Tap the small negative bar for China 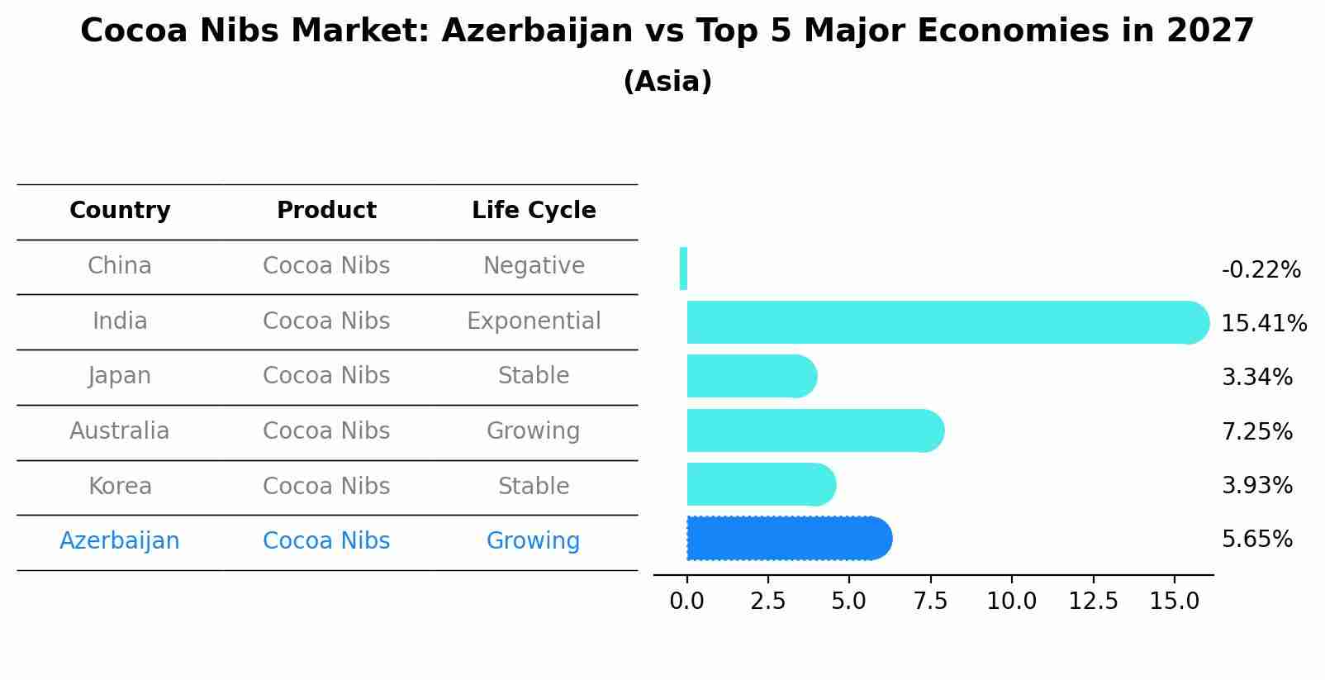(683, 269)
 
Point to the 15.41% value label (1264, 324)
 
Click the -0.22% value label (1261, 270)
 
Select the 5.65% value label (1256, 540)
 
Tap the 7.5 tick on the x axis (930, 602)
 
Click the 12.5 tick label (1093, 602)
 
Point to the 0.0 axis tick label (686, 602)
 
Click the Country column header (120, 211)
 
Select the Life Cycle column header (534, 211)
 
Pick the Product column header (326, 211)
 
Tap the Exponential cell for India (534, 321)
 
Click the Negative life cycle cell (534, 266)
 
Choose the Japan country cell (120, 376)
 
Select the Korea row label (120, 487)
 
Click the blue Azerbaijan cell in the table (120, 541)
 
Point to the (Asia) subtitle (667, 82)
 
